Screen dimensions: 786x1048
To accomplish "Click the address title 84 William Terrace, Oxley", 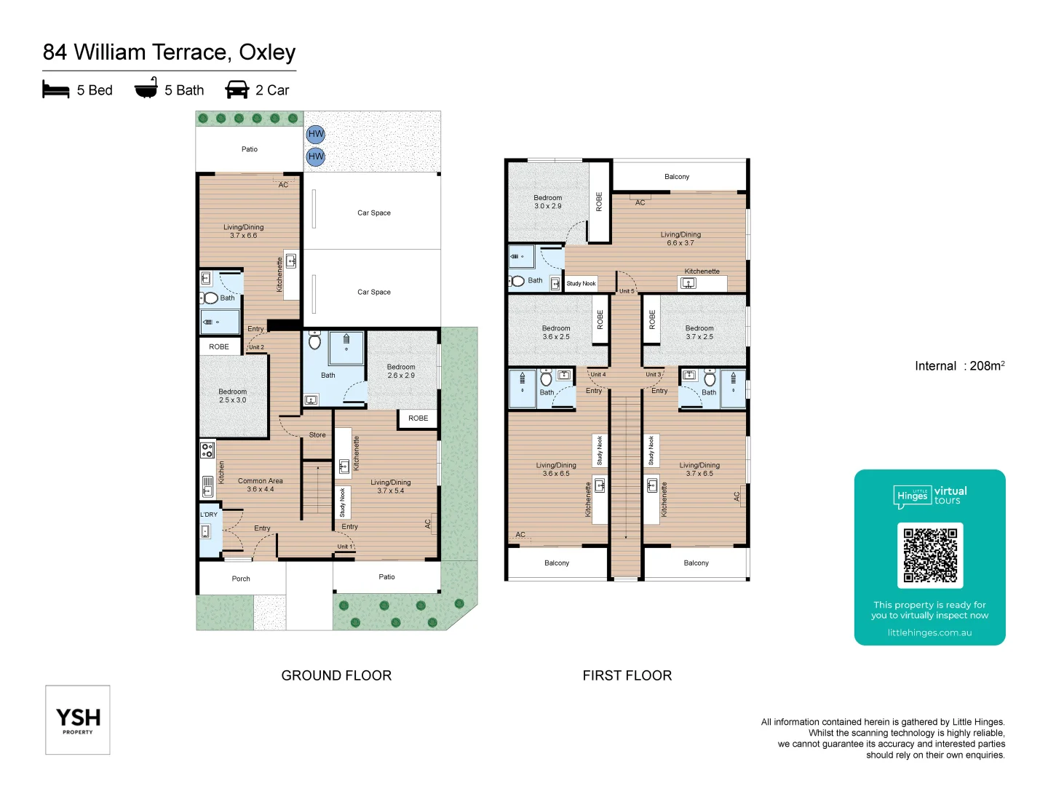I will coord(169,52).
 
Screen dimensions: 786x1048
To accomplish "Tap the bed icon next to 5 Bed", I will coord(56,90).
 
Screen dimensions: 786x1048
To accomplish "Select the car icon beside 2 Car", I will coord(237,90).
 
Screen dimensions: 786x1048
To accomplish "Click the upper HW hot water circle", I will coord(316,134).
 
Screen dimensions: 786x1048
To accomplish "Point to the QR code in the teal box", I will coord(930,555).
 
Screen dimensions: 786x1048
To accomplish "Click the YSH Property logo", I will coord(78,720).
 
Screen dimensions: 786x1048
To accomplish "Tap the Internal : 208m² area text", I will coord(959,366).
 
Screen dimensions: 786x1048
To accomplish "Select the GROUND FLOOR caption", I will coord(336,675).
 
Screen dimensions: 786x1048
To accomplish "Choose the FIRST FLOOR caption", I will coord(627,675).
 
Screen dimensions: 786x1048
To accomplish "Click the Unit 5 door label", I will coord(626,291).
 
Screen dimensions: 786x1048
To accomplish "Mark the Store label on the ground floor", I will coord(317,435).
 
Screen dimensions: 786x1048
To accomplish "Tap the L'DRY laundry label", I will coord(209,515).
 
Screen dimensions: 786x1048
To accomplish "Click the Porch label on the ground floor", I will coord(241,579).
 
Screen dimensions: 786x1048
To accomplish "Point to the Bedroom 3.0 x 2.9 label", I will coord(548,202).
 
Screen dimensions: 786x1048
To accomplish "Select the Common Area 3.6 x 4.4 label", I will coord(260,485).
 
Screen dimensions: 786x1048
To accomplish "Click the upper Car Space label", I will coord(374,213).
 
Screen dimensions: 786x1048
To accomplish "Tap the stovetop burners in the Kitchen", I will coord(207,450).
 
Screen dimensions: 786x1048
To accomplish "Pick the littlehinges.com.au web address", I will coord(929,632).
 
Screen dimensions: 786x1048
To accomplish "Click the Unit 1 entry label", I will coord(344,547).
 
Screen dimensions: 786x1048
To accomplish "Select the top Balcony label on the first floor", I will coord(677,177).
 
